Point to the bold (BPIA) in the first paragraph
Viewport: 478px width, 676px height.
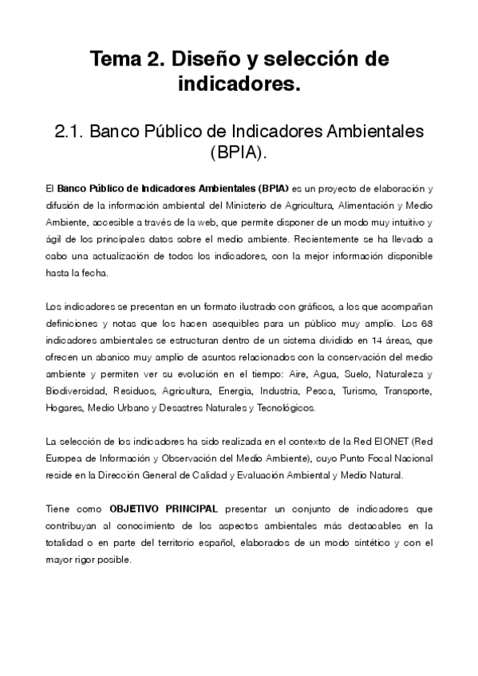coord(272,189)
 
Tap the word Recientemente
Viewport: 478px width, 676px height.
coord(327,239)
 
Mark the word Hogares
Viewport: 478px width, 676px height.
coord(64,408)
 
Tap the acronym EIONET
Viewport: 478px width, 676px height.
coord(373,442)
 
